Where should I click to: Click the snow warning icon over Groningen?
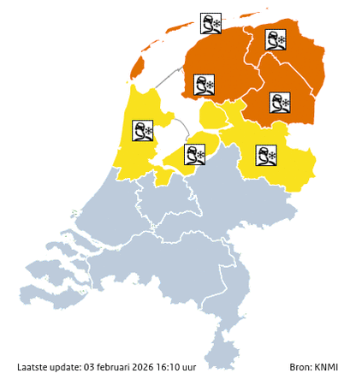(x=276, y=38)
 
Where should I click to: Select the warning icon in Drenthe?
(x=278, y=103)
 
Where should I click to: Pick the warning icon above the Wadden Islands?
(x=211, y=23)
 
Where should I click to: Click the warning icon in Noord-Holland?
(x=142, y=131)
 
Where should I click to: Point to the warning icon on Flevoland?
(x=196, y=154)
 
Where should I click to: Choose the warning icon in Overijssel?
(x=266, y=155)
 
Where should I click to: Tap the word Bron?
(x=300, y=367)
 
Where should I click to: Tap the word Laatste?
(x=32, y=367)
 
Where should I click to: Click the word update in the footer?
(x=65, y=367)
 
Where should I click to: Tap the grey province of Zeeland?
(x=60, y=265)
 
